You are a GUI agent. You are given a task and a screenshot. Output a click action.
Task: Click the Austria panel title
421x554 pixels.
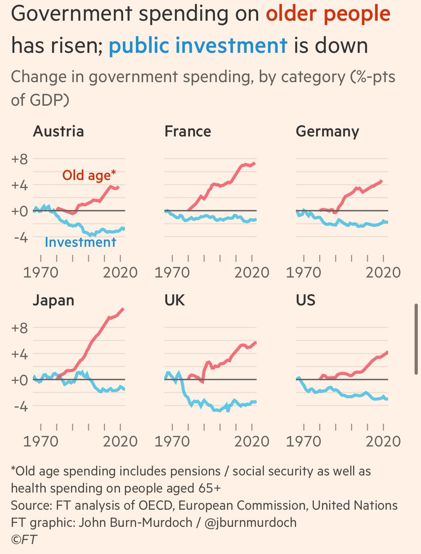pyautogui.click(x=58, y=132)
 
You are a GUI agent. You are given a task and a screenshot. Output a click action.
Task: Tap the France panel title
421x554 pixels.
pyautogui.click(x=187, y=132)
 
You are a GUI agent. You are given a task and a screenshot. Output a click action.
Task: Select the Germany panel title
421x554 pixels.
pyautogui.click(x=327, y=132)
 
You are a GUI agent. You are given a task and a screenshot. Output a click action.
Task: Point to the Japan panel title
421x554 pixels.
pyautogui.click(x=53, y=301)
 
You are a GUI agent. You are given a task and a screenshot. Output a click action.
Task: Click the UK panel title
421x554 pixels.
pyautogui.click(x=174, y=301)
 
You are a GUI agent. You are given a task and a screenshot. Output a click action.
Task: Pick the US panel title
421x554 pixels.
pyautogui.click(x=305, y=301)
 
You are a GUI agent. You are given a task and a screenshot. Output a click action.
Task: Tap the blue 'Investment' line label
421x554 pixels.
pyautogui.click(x=80, y=242)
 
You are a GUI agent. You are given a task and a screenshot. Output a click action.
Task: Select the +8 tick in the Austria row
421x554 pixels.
pyautogui.click(x=20, y=159)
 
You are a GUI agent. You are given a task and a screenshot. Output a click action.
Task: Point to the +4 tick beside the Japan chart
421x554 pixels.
pyautogui.click(x=20, y=354)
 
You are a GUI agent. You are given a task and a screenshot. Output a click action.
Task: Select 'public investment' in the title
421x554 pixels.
pyautogui.click(x=198, y=46)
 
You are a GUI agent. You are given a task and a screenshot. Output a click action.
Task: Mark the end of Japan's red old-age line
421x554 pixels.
pyautogui.click(x=123, y=308)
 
